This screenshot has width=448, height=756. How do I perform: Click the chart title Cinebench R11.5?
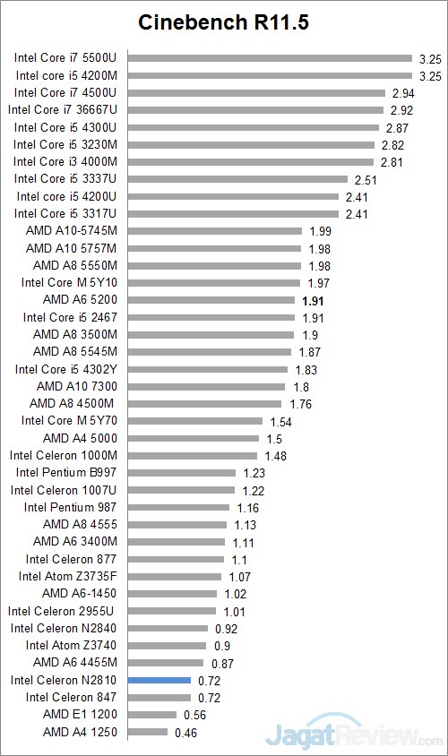(x=223, y=22)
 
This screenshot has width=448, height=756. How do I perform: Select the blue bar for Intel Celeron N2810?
(x=159, y=680)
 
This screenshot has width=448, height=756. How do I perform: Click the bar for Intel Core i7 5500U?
(x=270, y=58)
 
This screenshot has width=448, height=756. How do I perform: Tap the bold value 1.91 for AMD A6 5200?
(x=313, y=300)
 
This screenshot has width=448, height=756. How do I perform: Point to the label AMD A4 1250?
(x=80, y=732)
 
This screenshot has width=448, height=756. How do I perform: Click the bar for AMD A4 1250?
(x=148, y=732)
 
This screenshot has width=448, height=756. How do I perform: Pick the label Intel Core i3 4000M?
(x=65, y=161)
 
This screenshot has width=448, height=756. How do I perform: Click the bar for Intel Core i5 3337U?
(x=237, y=179)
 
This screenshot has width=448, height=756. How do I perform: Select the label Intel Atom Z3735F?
(x=68, y=576)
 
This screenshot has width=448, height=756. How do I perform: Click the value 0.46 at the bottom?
(x=185, y=732)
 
